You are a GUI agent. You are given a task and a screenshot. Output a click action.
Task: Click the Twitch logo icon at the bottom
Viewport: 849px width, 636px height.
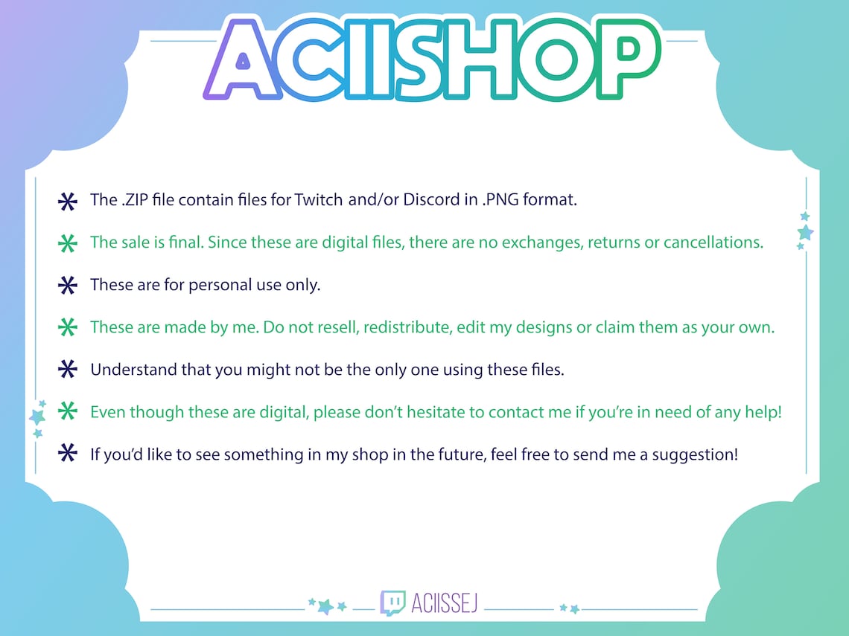(x=393, y=603)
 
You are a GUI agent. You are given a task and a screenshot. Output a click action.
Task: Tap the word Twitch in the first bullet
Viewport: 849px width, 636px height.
(x=319, y=200)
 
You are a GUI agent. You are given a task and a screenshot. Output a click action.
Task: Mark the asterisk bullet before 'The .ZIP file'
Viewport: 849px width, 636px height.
(x=67, y=201)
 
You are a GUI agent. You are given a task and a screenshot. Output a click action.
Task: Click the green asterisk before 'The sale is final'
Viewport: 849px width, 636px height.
(x=67, y=243)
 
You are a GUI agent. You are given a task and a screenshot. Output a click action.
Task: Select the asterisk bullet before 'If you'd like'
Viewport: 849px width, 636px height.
(x=67, y=454)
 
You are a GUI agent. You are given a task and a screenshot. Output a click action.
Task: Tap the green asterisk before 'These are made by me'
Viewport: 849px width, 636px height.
(x=67, y=327)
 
